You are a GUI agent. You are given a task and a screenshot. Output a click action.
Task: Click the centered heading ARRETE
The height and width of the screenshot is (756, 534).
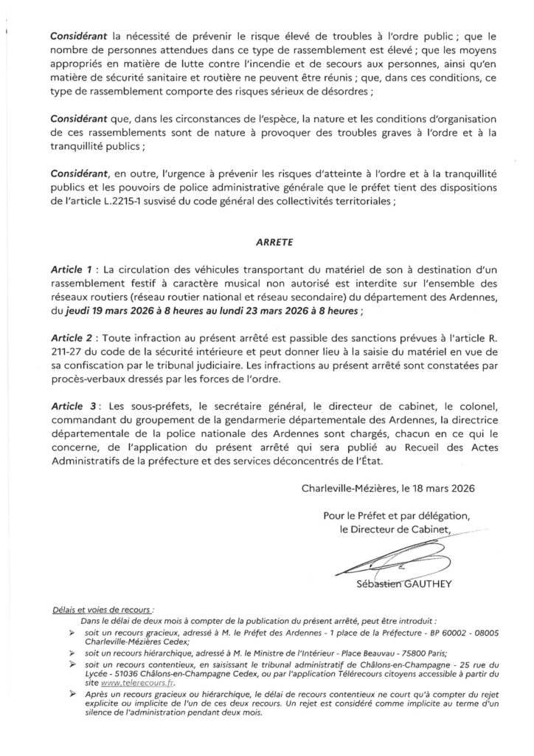pyautogui.click(x=267, y=240)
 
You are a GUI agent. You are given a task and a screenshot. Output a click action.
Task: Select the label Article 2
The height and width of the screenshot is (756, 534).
pyautogui.click(x=75, y=337)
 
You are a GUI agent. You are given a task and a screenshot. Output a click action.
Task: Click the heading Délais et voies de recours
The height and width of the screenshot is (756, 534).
pyautogui.click(x=102, y=611)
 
